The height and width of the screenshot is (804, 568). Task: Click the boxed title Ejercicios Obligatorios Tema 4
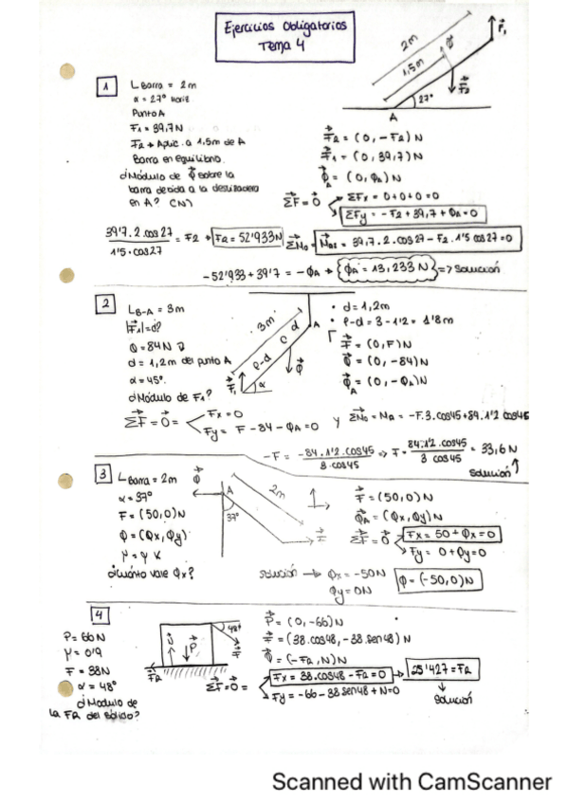coord(281,40)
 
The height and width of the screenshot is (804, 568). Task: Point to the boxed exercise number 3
coord(101,473)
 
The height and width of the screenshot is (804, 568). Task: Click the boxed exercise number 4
coord(100,611)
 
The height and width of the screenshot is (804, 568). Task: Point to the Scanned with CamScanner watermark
coord(412,781)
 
